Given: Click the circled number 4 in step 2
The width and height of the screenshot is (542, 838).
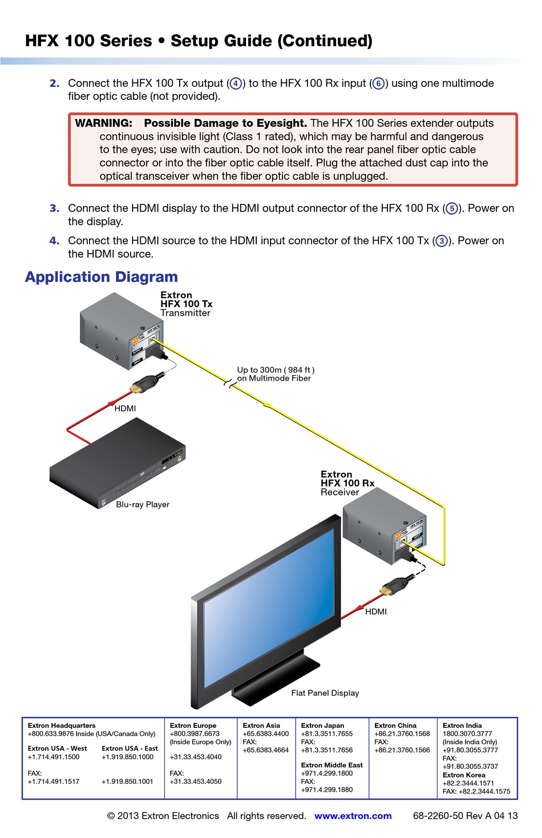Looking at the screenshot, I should pyautogui.click(x=235, y=84).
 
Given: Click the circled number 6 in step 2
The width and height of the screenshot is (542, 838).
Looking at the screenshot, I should pyautogui.click(x=378, y=84).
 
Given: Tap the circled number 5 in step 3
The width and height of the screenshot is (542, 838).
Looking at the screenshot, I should pyautogui.click(x=452, y=209).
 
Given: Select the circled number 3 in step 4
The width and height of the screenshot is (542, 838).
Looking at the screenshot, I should pyautogui.click(x=442, y=241).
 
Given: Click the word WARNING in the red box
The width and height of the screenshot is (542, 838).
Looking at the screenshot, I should pyautogui.click(x=103, y=123).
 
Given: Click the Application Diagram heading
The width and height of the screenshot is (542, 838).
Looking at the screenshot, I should pyautogui.click(x=102, y=277).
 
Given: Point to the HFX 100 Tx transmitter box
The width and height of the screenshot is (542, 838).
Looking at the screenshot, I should pyautogui.click(x=120, y=331).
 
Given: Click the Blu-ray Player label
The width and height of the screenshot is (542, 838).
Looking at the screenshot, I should pyautogui.click(x=143, y=505).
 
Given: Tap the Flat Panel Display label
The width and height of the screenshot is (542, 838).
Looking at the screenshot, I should pyautogui.click(x=325, y=693).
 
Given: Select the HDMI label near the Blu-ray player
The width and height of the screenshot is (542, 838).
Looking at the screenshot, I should pyautogui.click(x=125, y=409).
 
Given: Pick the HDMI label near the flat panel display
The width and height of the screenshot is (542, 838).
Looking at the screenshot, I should pyautogui.click(x=376, y=612).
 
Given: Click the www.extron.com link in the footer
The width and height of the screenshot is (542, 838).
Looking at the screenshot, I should pyautogui.click(x=353, y=816).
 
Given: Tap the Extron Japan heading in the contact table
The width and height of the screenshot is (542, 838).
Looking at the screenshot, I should pyautogui.click(x=322, y=726).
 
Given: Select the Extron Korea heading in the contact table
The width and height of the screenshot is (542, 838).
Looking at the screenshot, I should pyautogui.click(x=464, y=775).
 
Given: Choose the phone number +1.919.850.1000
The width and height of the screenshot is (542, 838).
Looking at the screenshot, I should pyautogui.click(x=128, y=757).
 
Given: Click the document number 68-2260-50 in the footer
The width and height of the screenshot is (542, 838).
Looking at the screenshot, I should pyautogui.click(x=438, y=816).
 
